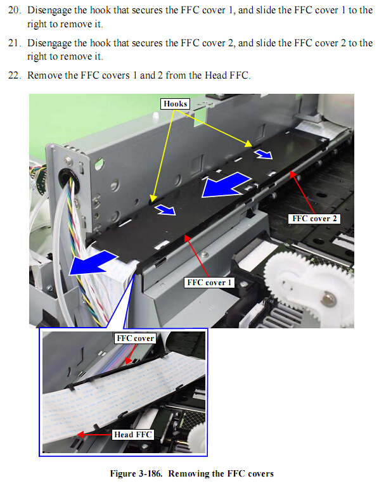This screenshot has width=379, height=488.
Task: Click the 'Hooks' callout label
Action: (x=175, y=104)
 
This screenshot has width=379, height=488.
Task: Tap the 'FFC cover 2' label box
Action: (x=314, y=219)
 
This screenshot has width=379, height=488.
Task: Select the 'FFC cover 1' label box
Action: (x=209, y=282)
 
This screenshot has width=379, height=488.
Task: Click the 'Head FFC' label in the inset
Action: (x=133, y=435)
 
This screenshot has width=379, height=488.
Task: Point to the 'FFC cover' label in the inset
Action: (x=135, y=338)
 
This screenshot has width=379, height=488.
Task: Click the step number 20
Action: (x=15, y=10)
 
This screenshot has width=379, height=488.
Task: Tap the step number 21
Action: (x=15, y=43)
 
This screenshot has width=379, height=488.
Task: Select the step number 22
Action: (x=15, y=75)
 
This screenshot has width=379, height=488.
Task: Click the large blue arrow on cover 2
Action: (x=226, y=185)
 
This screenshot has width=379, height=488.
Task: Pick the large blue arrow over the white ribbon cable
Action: (x=92, y=263)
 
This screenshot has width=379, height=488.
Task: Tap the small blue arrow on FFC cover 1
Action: (x=166, y=210)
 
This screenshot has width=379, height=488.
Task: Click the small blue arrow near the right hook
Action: (x=264, y=154)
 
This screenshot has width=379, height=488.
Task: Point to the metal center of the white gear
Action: (x=326, y=299)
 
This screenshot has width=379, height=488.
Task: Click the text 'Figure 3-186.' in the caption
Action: (x=136, y=473)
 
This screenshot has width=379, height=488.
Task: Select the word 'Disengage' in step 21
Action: (x=49, y=44)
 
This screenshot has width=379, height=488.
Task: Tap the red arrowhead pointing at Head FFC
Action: (x=80, y=435)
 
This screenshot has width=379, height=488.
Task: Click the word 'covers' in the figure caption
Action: (x=260, y=474)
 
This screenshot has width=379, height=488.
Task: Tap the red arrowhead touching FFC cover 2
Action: (x=293, y=174)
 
